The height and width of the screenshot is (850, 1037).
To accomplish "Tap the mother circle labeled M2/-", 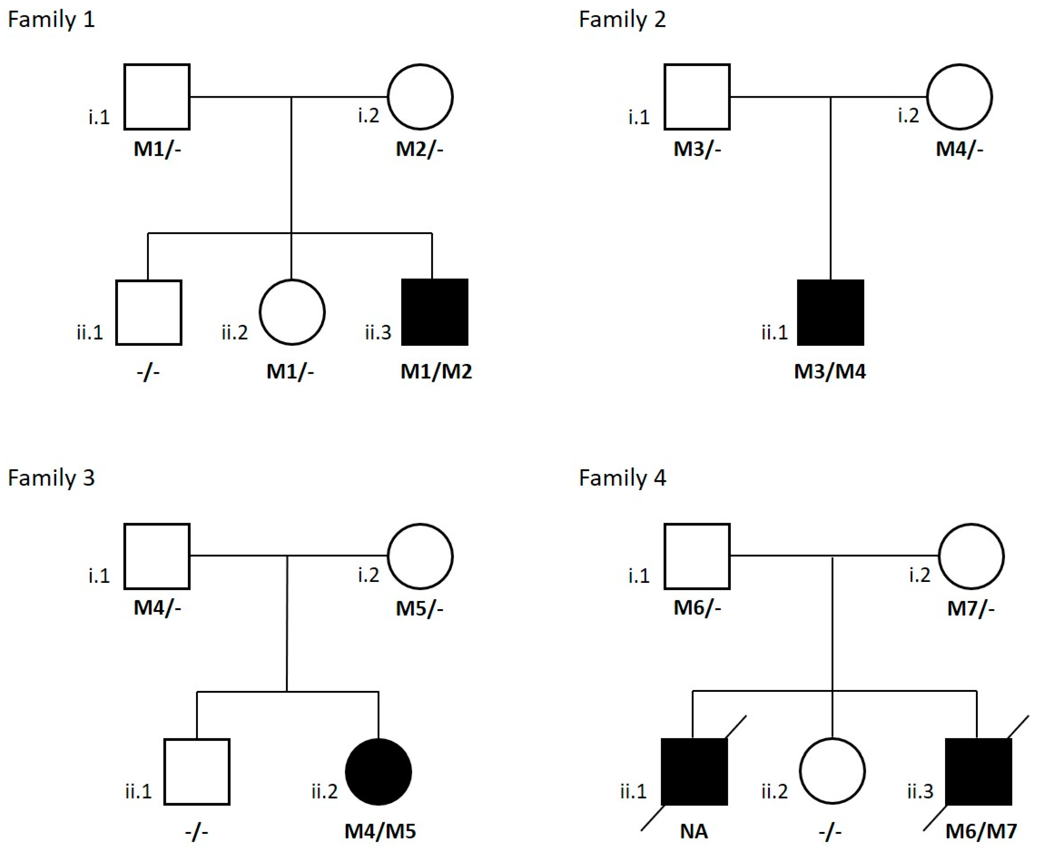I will coord(420,97).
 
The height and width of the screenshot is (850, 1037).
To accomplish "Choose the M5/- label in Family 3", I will coord(419,608).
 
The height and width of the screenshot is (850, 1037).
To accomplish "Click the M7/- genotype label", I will coord(971,608).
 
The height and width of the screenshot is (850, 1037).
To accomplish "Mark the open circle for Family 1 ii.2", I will coord(292,312).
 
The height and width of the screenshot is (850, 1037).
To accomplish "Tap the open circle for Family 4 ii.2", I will coord(832,771).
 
